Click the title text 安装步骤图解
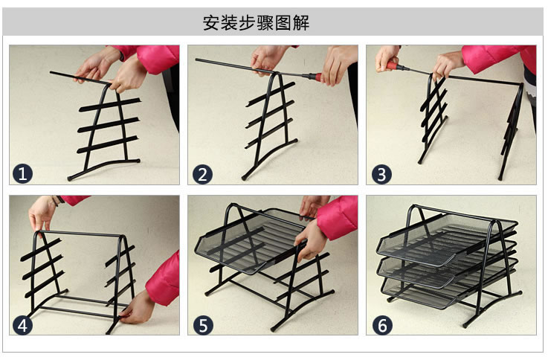pos(256,23)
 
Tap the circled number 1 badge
pos(23,174)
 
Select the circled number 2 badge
pos(203,174)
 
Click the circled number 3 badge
pos(381,174)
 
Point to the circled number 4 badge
pos(23,325)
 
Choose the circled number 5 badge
pos(203,325)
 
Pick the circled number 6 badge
pos(382,325)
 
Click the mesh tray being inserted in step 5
pos(250,241)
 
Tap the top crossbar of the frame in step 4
pos(80,234)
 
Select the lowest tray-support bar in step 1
pos(108,145)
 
